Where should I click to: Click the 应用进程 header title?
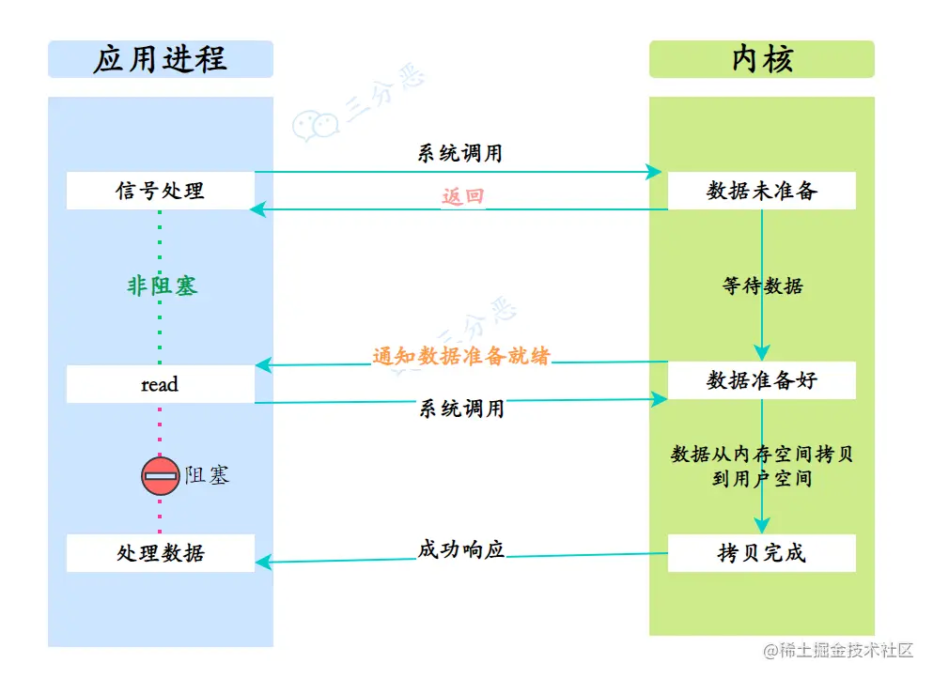(x=160, y=59)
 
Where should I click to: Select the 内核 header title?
(x=762, y=59)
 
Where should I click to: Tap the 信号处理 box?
(x=160, y=191)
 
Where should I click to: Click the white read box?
(x=160, y=384)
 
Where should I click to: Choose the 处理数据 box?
(x=160, y=553)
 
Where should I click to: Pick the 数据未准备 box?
(x=762, y=191)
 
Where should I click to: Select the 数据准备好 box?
(x=762, y=380)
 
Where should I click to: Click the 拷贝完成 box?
(x=762, y=553)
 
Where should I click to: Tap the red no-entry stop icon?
(x=161, y=476)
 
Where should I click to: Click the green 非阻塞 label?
(x=162, y=286)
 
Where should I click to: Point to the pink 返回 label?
(x=463, y=197)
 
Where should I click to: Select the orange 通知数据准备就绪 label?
(x=461, y=356)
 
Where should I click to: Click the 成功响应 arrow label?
(x=461, y=549)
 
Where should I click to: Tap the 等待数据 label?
(x=763, y=286)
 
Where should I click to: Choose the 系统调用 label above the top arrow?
(x=460, y=153)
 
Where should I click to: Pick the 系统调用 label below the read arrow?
(x=461, y=409)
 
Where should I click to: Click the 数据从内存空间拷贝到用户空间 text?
(x=762, y=466)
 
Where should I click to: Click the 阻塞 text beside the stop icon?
(x=207, y=475)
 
